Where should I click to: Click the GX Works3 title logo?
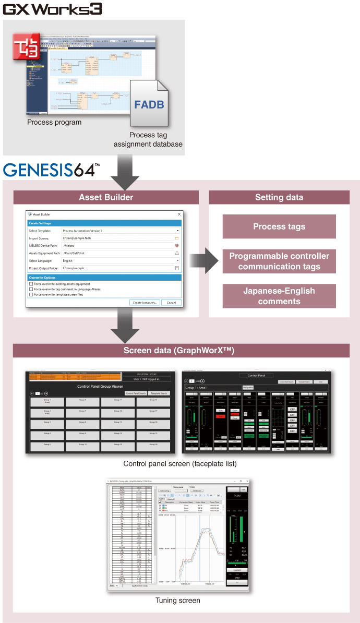tap(52, 9)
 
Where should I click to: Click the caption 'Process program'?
tap(54, 123)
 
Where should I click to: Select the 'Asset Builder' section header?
tap(106, 197)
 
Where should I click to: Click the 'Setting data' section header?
tap(280, 197)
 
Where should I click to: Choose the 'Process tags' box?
tap(279, 226)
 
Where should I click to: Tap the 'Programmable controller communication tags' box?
tap(279, 261)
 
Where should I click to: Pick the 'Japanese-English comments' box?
tap(279, 296)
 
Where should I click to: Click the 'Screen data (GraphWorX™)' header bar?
tap(181, 351)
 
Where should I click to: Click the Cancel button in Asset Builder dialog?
tap(171, 303)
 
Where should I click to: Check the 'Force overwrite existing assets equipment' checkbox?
tap(31, 283)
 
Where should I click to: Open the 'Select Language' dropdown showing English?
tap(121, 260)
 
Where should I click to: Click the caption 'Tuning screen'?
tap(177, 601)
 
